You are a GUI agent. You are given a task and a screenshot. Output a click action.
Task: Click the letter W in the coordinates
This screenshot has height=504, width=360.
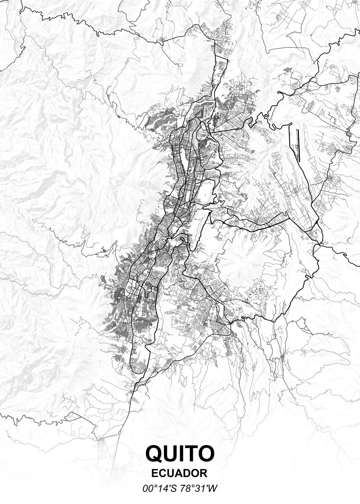(213, 488)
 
